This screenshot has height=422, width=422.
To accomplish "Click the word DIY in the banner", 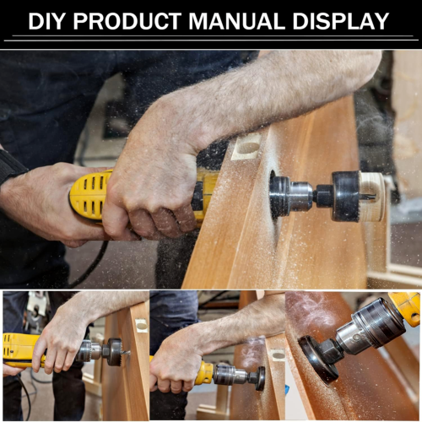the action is tap(46, 21).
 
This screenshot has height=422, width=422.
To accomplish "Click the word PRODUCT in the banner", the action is tap(127, 21).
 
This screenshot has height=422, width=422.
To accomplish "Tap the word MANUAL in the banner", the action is tap(237, 21).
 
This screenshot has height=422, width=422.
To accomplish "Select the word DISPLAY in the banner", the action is tap(341, 21).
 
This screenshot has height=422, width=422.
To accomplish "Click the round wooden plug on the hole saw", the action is tap(372, 196).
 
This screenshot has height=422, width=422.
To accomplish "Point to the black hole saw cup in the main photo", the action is tap(346, 196).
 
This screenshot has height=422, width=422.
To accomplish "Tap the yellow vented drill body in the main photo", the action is tap(90, 195).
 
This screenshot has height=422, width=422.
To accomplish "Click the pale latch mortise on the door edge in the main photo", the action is tap(246, 147).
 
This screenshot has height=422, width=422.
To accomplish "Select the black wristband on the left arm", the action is tap(11, 166).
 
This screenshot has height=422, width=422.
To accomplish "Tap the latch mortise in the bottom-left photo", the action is tap(142, 326).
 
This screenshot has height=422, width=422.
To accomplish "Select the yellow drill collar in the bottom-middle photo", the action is tap(205, 373).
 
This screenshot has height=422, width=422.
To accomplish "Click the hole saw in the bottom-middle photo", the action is tap(260, 378).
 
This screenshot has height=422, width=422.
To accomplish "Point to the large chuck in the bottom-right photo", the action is tap(371, 327).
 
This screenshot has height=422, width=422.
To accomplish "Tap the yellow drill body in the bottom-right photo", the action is tap(405, 308).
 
